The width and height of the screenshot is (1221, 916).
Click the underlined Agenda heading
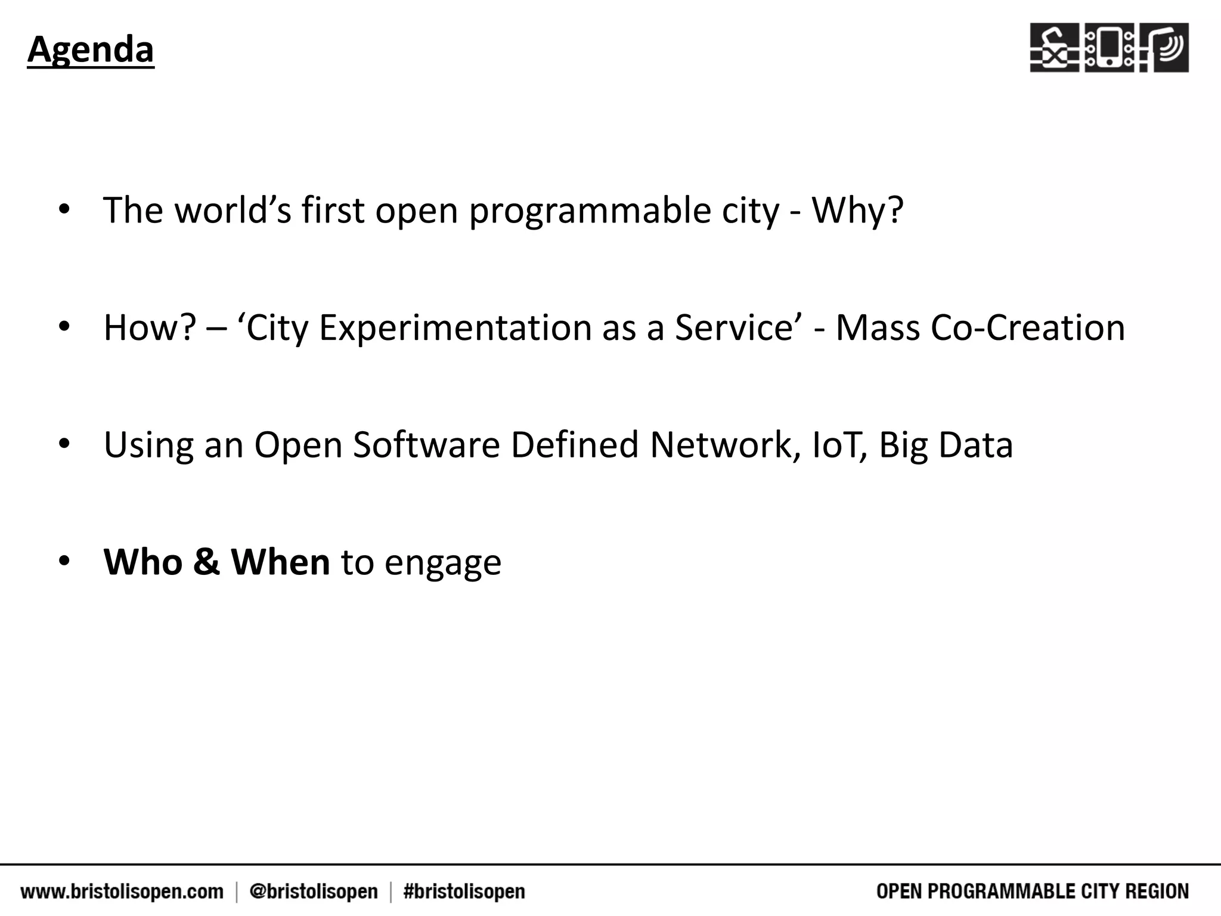(91, 49)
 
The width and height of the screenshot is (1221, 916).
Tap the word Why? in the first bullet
(857, 211)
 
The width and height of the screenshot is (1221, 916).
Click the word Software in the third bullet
(426, 445)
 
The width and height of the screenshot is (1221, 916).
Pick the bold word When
(280, 562)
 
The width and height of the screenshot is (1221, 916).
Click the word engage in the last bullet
(442, 564)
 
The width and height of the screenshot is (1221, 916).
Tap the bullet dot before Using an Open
(64, 444)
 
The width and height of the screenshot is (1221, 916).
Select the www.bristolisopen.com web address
(122, 892)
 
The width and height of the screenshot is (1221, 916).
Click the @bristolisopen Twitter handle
(314, 892)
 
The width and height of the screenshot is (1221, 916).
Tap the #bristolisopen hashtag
(464, 892)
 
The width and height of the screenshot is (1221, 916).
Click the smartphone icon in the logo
(1109, 48)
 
